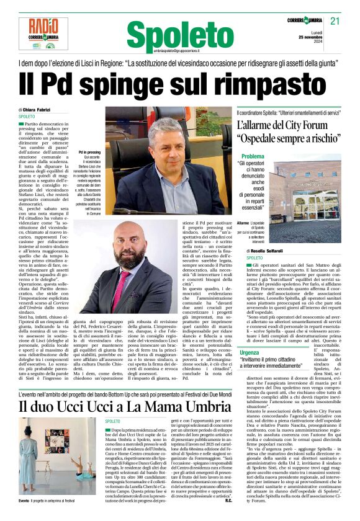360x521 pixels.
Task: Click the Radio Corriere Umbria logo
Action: [43, 33]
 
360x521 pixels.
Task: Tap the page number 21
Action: [336, 22]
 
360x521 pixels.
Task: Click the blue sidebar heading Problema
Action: [253, 156]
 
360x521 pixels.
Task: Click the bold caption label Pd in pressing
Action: [90, 151]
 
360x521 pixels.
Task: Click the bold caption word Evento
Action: [24, 499]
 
